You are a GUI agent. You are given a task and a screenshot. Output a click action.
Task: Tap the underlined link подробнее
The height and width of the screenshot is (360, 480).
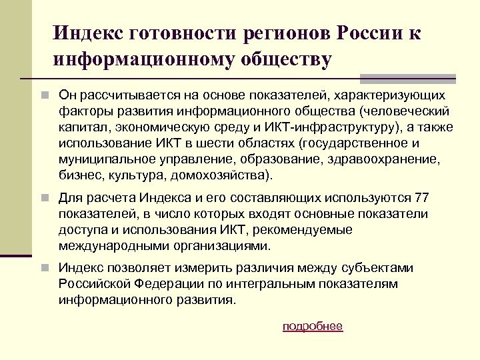(x=313, y=326)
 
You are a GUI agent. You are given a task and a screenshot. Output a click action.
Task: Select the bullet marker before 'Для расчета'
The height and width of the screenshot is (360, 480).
(x=44, y=198)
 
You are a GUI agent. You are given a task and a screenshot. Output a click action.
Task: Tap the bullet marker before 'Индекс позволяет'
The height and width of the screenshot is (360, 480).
(x=44, y=269)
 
